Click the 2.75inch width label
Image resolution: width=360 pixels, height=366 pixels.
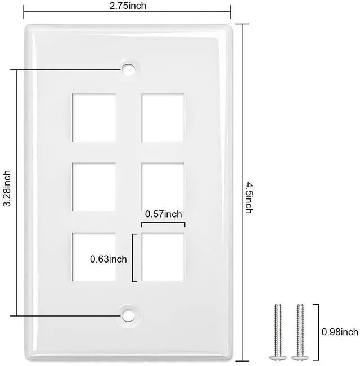click(x=128, y=6)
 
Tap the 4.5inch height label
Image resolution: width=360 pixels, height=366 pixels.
click(x=249, y=198)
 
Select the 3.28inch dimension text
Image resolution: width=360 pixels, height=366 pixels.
click(x=7, y=188)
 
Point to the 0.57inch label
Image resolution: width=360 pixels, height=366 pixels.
click(x=163, y=214)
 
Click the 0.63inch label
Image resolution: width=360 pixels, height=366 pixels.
click(x=109, y=259)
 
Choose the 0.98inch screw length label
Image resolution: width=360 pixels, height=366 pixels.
click(x=340, y=332)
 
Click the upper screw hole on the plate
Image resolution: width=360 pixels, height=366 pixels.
click(x=128, y=70)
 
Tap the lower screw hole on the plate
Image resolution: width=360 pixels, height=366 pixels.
click(x=128, y=315)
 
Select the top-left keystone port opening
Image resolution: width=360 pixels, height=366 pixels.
click(x=94, y=118)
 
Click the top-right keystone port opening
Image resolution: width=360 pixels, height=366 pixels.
click(x=163, y=118)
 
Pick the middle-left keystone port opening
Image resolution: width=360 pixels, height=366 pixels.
click(x=94, y=187)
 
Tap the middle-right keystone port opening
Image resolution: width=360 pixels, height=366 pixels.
click(x=163, y=187)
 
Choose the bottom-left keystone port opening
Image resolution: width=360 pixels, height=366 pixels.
click(x=94, y=257)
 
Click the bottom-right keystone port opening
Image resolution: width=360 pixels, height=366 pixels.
click(x=163, y=257)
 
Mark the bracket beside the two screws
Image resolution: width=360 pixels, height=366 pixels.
click(x=318, y=332)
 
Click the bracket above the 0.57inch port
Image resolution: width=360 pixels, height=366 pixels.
click(x=163, y=223)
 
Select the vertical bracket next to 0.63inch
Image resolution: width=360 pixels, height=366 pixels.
click(x=133, y=257)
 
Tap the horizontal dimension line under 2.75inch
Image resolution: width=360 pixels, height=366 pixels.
click(x=127, y=11)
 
